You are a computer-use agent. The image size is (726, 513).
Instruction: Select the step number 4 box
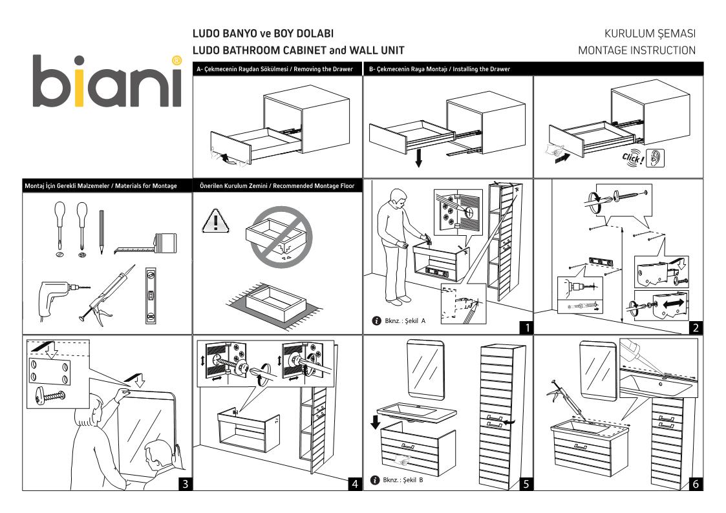click(354, 483)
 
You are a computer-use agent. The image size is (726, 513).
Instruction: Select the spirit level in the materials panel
click(151, 294)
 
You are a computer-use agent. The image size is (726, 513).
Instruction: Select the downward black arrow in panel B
click(419, 158)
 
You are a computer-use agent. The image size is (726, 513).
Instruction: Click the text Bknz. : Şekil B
click(403, 480)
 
